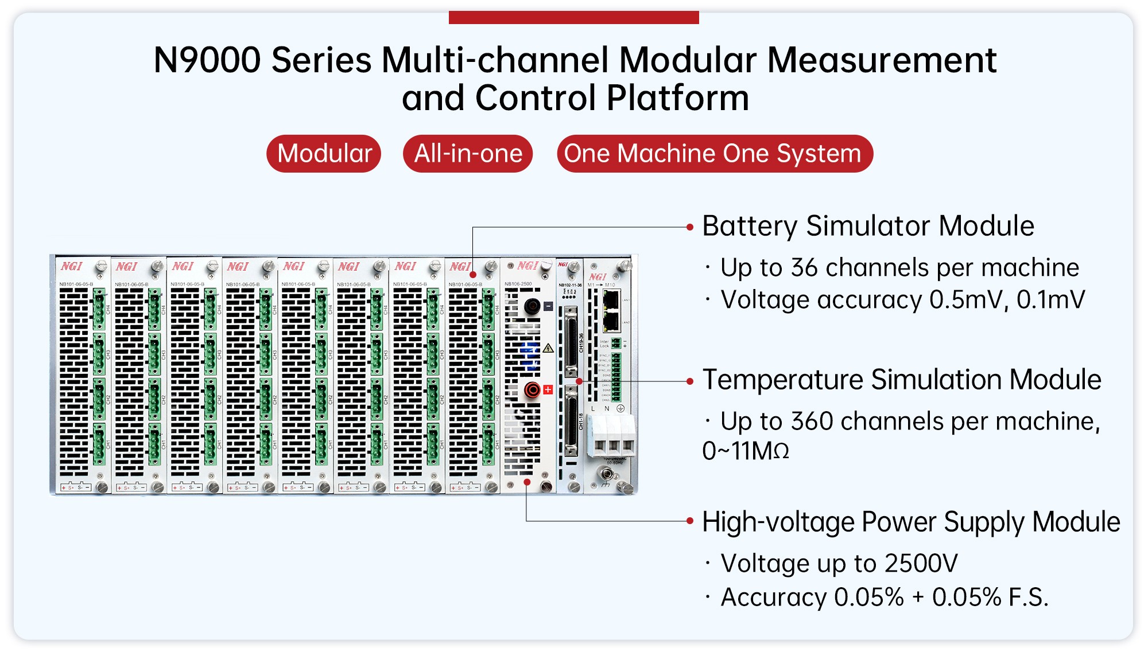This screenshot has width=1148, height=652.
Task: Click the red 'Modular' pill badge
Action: (324, 154)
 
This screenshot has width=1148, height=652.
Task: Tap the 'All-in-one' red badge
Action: (468, 154)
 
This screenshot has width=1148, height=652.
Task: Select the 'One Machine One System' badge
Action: (714, 154)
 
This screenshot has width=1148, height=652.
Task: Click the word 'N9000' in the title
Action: (207, 60)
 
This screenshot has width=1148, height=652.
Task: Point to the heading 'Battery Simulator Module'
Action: (868, 226)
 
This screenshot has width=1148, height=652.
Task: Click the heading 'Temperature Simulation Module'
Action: (902, 380)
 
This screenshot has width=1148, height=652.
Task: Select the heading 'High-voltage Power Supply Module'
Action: (911, 522)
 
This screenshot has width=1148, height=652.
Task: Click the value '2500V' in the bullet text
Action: (921, 564)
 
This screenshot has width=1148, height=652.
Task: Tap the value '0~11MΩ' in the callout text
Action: (746, 451)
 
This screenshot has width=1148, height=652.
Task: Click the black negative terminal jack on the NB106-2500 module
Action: (532, 306)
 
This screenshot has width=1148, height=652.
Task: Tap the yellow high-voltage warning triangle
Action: (548, 348)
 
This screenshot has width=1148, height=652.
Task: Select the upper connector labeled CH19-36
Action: (571, 341)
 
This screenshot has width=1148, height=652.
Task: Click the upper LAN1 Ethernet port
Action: (611, 299)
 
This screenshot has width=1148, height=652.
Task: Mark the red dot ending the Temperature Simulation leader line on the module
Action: (579, 381)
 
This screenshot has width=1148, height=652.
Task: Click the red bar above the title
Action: (573, 18)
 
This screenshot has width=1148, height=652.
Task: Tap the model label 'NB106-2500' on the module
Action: (518, 284)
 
